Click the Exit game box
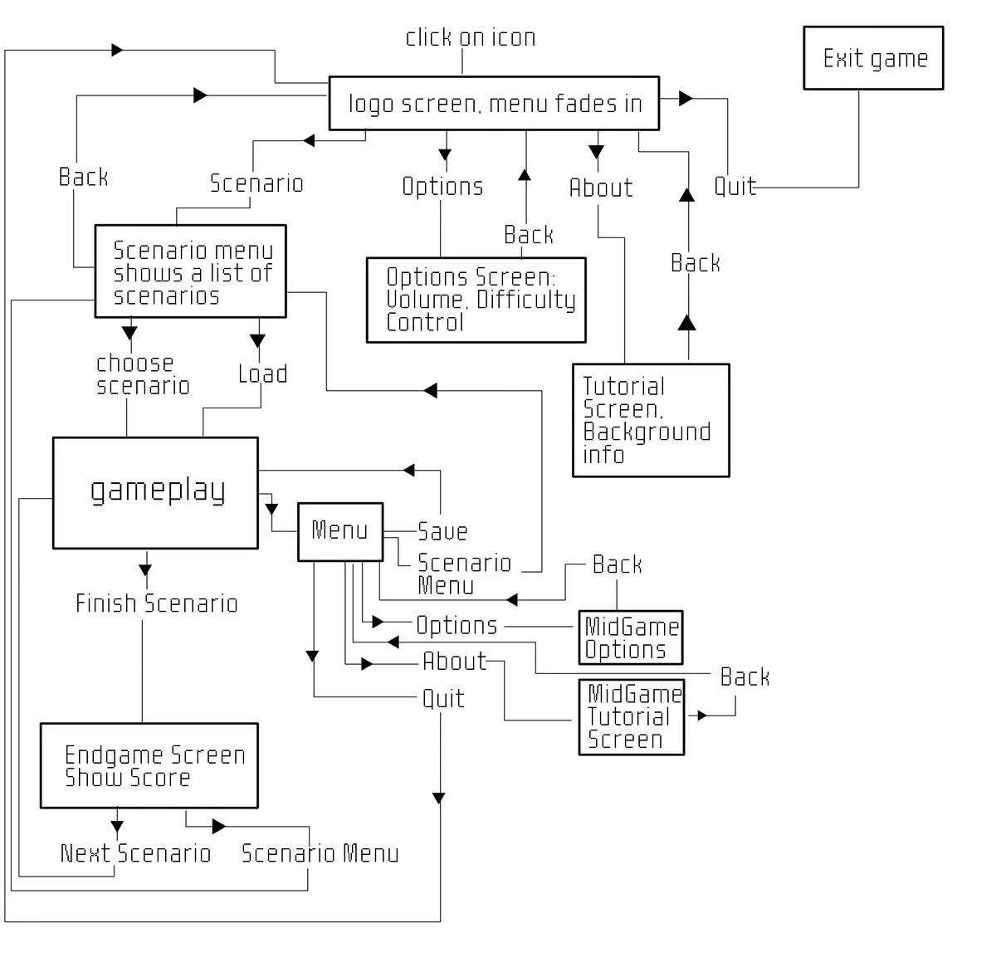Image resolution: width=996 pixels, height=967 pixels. (x=873, y=58)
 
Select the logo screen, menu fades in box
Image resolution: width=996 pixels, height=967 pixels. (x=494, y=104)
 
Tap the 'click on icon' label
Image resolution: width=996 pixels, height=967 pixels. (x=470, y=37)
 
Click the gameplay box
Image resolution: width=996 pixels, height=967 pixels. (x=156, y=492)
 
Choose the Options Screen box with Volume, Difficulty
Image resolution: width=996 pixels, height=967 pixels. (x=476, y=300)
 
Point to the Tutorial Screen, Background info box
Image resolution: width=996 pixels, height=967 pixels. (x=651, y=420)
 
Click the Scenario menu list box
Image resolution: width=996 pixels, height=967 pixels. (x=191, y=271)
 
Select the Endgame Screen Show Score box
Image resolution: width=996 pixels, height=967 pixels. (x=149, y=765)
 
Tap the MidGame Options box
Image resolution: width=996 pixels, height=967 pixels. (x=631, y=637)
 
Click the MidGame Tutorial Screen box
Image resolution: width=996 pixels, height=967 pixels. (x=632, y=717)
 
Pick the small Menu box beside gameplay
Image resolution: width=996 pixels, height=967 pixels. (x=340, y=531)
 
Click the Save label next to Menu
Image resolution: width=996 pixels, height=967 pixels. (x=442, y=531)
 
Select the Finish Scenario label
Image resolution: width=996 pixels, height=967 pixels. (x=156, y=603)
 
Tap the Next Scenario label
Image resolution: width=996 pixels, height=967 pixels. (x=136, y=853)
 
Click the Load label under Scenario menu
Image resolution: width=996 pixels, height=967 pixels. (x=262, y=374)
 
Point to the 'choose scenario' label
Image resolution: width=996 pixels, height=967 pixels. (x=142, y=374)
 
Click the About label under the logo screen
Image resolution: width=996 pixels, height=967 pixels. (x=600, y=188)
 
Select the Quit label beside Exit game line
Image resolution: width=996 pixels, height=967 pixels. (x=735, y=187)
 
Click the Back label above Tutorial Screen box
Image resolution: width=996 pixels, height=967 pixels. (x=695, y=263)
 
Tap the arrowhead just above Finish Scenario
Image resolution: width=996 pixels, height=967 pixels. (x=145, y=570)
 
